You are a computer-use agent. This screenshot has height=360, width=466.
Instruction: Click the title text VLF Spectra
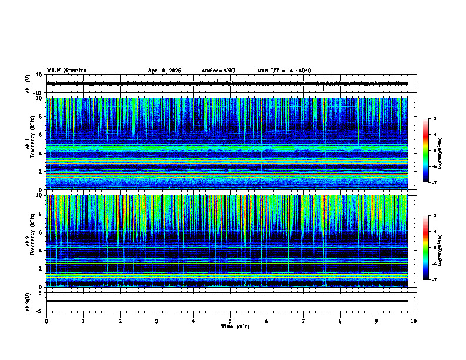click(66, 71)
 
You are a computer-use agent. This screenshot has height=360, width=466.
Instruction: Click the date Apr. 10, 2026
click(164, 71)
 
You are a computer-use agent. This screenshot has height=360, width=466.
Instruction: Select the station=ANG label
click(218, 71)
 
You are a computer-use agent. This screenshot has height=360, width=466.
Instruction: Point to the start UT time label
click(284, 71)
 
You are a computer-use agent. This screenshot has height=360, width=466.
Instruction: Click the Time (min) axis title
click(235, 326)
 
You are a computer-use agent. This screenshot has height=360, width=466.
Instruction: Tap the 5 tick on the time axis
click(230, 321)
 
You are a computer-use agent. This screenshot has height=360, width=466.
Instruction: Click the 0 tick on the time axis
click(46, 321)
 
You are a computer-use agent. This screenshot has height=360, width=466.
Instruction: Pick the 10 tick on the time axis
click(414, 321)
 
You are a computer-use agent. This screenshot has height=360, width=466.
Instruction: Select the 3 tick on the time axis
click(157, 321)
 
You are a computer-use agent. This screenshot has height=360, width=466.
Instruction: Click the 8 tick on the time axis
click(340, 321)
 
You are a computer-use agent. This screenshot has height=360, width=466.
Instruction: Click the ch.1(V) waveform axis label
click(28, 84)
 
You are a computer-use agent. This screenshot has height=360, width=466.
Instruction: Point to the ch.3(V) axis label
click(28, 301)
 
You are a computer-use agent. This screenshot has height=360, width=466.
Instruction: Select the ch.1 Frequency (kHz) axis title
click(29, 144)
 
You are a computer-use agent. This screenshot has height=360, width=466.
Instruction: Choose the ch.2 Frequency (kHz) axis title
click(29, 241)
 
